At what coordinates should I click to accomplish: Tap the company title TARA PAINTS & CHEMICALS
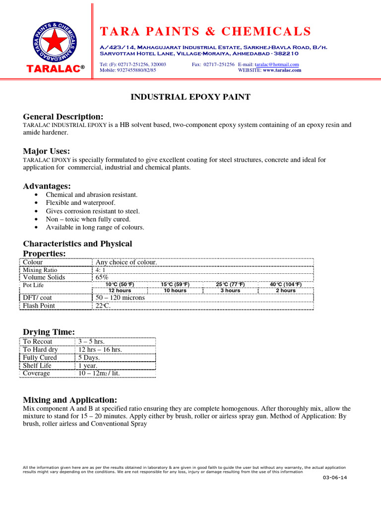point(205,32)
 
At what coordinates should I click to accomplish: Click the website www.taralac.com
point(282,70)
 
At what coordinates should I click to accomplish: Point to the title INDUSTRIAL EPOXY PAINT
point(190,97)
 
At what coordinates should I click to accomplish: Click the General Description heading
point(63,116)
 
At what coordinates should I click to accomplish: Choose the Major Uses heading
point(47,151)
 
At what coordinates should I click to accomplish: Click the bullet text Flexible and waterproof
point(80,203)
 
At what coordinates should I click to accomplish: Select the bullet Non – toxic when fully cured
point(88,219)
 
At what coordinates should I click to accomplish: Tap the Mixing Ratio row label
point(41,270)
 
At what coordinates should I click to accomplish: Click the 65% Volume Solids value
point(102,277)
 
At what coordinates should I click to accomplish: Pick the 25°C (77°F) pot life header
point(230,284)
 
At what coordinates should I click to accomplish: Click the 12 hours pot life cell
point(120,291)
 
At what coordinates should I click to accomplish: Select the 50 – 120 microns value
point(120,298)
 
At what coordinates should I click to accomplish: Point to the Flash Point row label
point(39,306)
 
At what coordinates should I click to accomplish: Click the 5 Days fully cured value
point(89,358)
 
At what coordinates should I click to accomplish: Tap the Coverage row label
point(37,373)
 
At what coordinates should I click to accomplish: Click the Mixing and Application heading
point(70,400)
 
